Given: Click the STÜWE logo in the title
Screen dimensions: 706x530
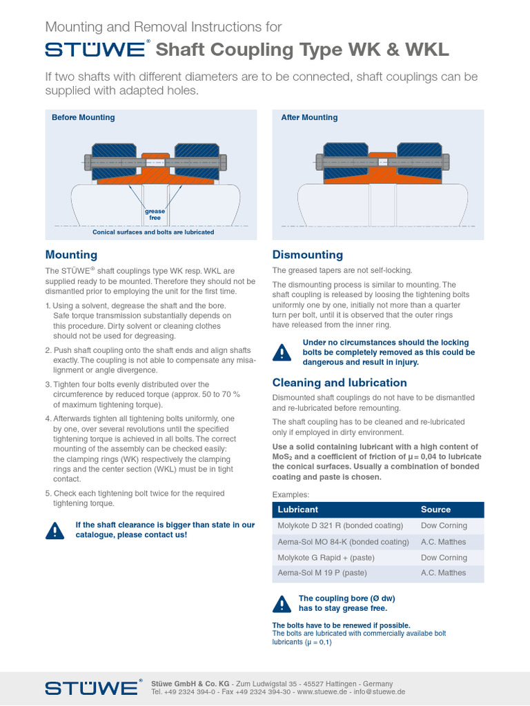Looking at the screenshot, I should [95, 50].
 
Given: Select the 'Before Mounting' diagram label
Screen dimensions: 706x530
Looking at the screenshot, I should [83, 117].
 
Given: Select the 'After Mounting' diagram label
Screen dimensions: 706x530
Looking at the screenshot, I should [309, 117].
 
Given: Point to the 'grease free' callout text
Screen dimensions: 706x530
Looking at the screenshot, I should [155, 214].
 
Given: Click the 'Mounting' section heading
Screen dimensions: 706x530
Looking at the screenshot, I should [71, 254].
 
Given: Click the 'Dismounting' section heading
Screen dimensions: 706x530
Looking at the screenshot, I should [307, 254].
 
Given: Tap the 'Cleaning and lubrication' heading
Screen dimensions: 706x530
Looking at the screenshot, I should [340, 383].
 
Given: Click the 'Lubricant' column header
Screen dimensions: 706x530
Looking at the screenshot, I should [297, 510].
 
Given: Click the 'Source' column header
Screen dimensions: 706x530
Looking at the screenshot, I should [435, 510].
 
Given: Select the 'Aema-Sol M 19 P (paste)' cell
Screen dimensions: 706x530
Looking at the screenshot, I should [322, 573].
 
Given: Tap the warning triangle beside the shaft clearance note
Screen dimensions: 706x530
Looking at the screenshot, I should [55, 529].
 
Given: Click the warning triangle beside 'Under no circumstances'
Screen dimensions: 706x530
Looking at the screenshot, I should [282, 352].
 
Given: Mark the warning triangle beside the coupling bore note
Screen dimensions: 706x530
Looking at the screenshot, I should [282, 603].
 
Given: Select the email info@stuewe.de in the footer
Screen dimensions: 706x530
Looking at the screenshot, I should [380, 692].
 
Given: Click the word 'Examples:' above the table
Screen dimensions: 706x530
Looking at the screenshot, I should [291, 494].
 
